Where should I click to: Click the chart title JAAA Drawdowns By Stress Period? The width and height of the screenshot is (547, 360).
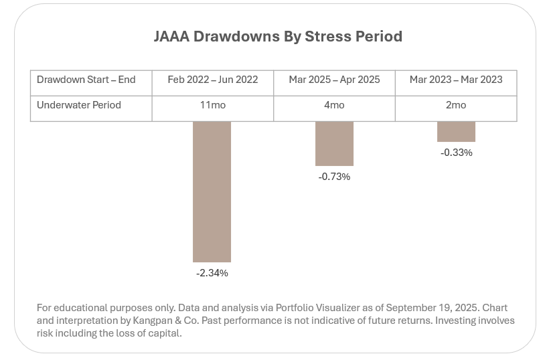(x=278, y=37)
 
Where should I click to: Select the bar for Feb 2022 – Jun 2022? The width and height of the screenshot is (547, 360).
(x=212, y=191)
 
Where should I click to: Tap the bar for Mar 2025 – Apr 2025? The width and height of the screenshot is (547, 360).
(x=334, y=143)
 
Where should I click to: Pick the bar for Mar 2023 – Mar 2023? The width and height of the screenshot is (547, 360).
(x=456, y=131)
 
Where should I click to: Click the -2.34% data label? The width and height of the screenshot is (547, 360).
(x=212, y=273)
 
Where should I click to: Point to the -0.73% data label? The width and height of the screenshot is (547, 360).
(x=334, y=177)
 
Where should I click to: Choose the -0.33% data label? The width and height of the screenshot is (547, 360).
(x=456, y=153)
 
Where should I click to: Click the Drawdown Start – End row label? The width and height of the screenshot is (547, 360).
(x=86, y=80)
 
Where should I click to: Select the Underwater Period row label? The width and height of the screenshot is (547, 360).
(x=79, y=105)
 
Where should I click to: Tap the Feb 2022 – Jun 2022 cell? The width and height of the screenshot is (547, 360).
(x=213, y=80)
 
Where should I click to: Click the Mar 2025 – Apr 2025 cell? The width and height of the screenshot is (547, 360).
(x=334, y=80)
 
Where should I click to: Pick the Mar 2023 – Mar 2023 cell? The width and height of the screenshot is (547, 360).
(x=456, y=80)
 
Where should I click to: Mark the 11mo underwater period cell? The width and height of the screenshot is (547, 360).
(x=213, y=105)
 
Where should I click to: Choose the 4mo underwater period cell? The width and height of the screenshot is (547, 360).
(x=334, y=105)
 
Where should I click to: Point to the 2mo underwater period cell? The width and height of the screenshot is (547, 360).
(x=456, y=105)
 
